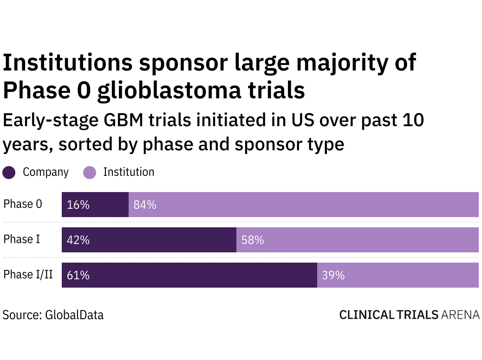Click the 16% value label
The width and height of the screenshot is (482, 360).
[78, 205]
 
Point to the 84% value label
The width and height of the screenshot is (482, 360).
[145, 205]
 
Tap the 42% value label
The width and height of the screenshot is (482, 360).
[78, 240]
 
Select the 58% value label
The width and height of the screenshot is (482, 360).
[253, 240]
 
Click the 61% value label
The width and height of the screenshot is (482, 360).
[78, 275]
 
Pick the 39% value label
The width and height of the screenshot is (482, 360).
[333, 275]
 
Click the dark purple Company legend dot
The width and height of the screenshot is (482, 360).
[9, 173]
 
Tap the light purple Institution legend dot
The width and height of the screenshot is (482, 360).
[90, 173]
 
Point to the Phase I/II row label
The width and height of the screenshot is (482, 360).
[28, 275]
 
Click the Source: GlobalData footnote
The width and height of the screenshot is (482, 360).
[53, 315]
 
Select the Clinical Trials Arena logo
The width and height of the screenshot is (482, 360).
[409, 315]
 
